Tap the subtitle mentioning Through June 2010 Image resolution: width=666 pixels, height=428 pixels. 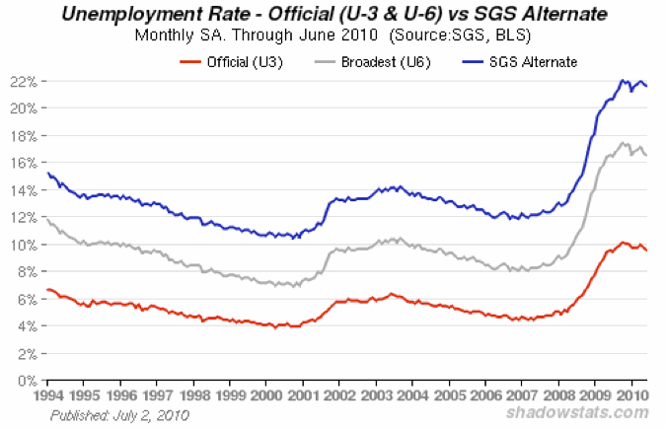333,36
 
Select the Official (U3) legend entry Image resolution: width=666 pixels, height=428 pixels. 223,62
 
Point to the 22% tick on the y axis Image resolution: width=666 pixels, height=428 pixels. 25,80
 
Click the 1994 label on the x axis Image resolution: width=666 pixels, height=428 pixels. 48,395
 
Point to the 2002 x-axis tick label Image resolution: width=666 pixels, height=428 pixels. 338,395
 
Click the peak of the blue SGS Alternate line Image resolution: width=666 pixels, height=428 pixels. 622,80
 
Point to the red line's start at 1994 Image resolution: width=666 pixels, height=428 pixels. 47,290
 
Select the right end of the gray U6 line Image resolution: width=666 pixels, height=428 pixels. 646,155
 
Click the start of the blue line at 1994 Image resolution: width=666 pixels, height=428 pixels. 47,174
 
